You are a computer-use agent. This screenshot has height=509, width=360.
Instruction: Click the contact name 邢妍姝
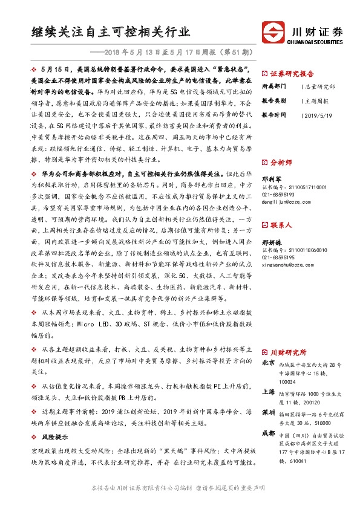270,241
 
